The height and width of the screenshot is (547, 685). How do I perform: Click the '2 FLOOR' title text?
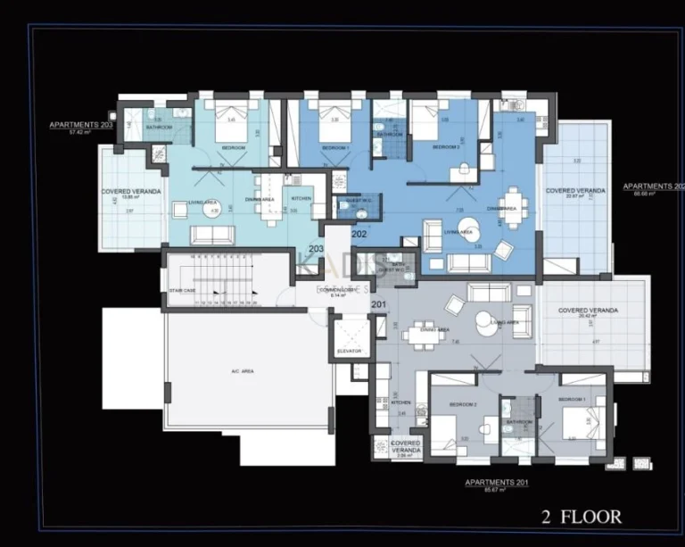pyautogui.click(x=582, y=517)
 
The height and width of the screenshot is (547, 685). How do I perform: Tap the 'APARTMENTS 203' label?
pyautogui.click(x=81, y=125)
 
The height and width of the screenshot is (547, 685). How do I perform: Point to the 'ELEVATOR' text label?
pyautogui.click(x=350, y=352)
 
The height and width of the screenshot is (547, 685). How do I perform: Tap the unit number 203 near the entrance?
pyautogui.click(x=315, y=249)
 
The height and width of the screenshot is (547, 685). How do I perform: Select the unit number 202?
pyautogui.click(x=359, y=234)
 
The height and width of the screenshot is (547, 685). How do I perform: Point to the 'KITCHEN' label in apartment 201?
pyautogui.click(x=400, y=402)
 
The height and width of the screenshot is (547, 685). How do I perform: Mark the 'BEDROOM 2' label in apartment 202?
pyautogui.click(x=446, y=146)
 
